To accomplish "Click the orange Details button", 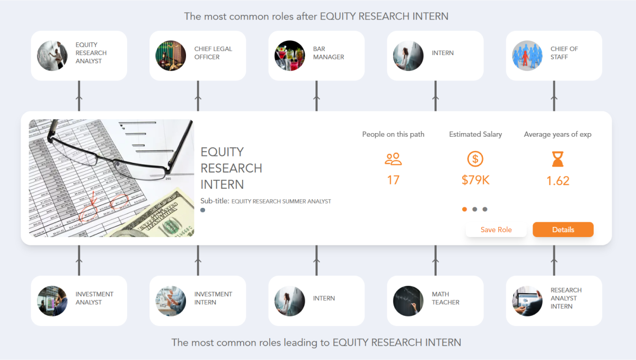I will pyautogui.click(x=563, y=230).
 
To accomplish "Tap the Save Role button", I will pyautogui.click(x=496, y=230).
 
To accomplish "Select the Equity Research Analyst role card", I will pyautogui.click(x=79, y=56).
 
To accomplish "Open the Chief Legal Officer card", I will pyautogui.click(x=198, y=56).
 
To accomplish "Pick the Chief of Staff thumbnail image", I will pyautogui.click(x=527, y=56).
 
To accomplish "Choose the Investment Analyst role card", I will pyautogui.click(x=79, y=301).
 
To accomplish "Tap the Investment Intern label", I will pyautogui.click(x=213, y=298).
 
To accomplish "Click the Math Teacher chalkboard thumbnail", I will pyautogui.click(x=409, y=301).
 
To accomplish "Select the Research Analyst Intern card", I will pyautogui.click(x=554, y=301).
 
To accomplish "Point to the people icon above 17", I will pyautogui.click(x=393, y=159).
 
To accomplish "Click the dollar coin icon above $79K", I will pyautogui.click(x=475, y=159).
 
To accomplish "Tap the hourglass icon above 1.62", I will pyautogui.click(x=558, y=159).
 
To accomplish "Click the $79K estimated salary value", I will pyautogui.click(x=475, y=180).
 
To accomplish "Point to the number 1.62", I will pyautogui.click(x=558, y=181).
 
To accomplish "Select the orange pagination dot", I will pyautogui.click(x=465, y=209).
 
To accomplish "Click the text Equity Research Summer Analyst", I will pyautogui.click(x=281, y=201).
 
